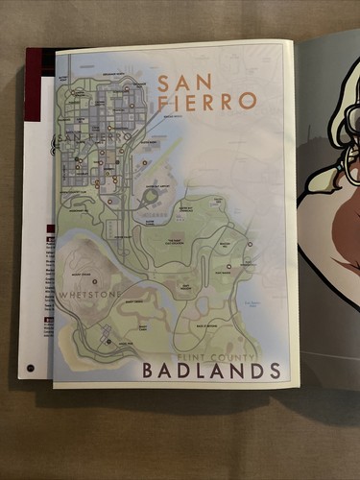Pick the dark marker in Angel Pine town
[108, 337]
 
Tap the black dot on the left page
[30, 368]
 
